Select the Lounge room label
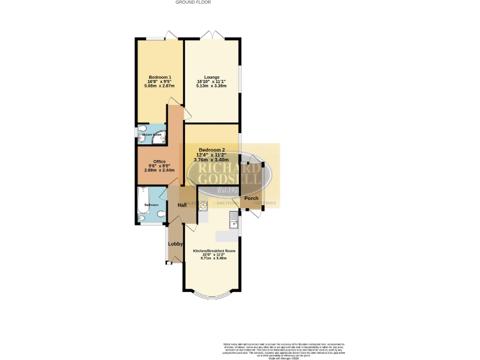211,77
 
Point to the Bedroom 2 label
211,150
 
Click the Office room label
159,161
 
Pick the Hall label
182,204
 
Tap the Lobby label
175,244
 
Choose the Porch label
251,199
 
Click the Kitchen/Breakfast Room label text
213,251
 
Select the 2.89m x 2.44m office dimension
159,170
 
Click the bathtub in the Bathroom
142,204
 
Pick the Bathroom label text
152,204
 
